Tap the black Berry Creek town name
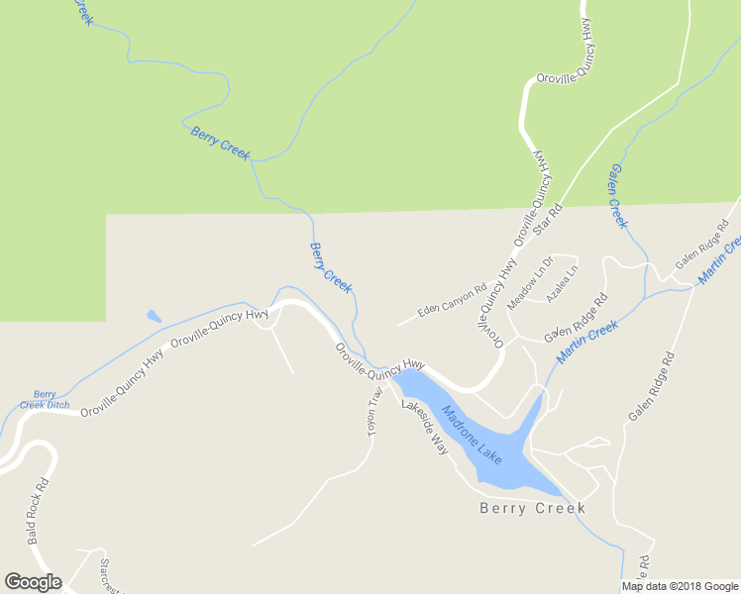[x=533, y=508]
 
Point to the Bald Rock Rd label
[x=39, y=513]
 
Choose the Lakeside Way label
[x=425, y=427]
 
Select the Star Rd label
[x=548, y=220]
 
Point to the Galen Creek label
[x=618, y=196]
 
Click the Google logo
[x=33, y=582]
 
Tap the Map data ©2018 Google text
[x=680, y=586]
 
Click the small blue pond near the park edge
[x=154, y=317]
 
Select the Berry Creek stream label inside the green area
[x=220, y=143]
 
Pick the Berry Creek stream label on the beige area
[x=331, y=266]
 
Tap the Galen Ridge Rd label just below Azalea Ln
[x=575, y=316]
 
